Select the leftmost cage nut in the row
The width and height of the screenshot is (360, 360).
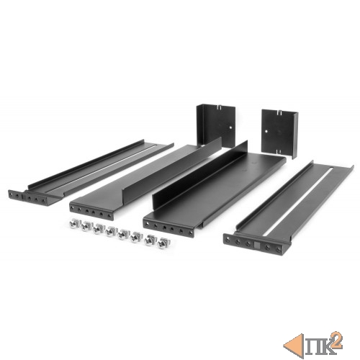pos(73,225)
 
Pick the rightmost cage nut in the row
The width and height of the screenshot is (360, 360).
pos(163,243)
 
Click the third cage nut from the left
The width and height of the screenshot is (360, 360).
pos(98,229)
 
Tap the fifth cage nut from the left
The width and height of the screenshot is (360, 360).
pos(123,234)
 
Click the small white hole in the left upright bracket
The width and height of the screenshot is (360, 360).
pos(230,127)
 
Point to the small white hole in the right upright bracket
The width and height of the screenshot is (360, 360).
pos(266,132)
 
